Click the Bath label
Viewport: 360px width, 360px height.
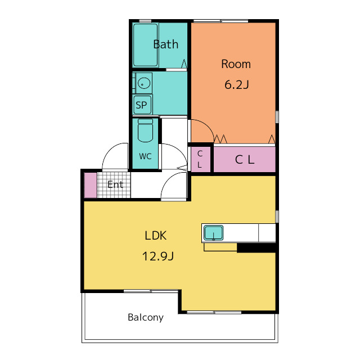[166, 44]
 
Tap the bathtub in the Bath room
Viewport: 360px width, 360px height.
[145, 45]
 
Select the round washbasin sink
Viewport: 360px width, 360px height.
[144, 83]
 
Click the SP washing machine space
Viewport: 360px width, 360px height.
[142, 105]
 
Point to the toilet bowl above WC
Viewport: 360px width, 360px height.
[145, 130]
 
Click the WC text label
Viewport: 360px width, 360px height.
[145, 156]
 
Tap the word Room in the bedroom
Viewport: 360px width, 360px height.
[236, 64]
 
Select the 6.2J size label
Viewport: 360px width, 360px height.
[237, 84]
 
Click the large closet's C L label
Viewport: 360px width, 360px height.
[245, 160]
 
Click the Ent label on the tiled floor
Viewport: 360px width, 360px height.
[115, 184]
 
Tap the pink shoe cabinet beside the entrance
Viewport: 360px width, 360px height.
[91, 185]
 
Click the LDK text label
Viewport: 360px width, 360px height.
[156, 236]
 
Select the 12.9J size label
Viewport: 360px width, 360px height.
[158, 256]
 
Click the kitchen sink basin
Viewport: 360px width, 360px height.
[214, 233]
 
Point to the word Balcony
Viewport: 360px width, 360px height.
[146, 317]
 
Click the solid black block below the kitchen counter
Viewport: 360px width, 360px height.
[256, 248]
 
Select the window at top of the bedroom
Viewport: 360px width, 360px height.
[221, 21]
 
